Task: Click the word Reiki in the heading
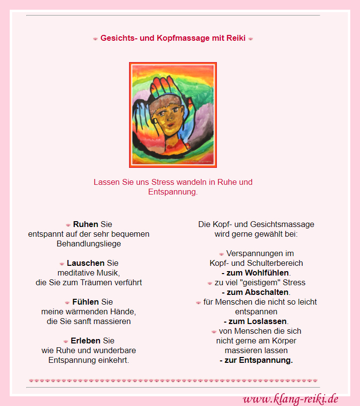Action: click(x=236, y=38)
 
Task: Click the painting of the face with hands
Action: click(x=173, y=115)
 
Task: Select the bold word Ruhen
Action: click(x=85, y=225)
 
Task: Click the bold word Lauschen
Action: click(x=85, y=263)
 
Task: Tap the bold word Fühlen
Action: click(x=85, y=302)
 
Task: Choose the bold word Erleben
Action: click(x=86, y=341)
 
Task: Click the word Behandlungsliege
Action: click(x=89, y=244)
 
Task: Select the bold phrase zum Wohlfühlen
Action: click(x=258, y=273)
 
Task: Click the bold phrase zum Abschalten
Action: click(x=258, y=292)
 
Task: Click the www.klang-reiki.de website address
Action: click(x=290, y=399)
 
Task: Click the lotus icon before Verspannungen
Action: click(x=221, y=254)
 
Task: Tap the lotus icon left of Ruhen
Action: click(x=68, y=225)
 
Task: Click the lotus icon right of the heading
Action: click(x=250, y=39)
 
